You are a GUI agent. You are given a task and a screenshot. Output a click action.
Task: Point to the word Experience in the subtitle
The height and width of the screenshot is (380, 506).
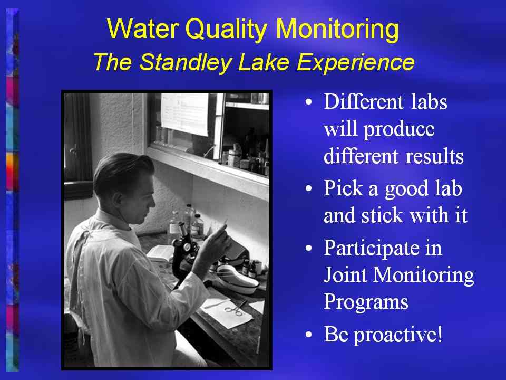[x=355, y=62]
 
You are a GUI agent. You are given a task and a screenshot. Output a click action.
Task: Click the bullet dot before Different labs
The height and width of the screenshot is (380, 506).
[x=309, y=102]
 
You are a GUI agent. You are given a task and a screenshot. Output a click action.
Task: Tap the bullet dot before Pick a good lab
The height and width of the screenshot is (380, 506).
[x=309, y=188]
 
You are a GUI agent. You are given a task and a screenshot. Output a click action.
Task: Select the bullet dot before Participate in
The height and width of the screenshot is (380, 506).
[x=309, y=248]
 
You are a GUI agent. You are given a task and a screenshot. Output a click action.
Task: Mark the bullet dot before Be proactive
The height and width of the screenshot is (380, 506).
[x=309, y=335]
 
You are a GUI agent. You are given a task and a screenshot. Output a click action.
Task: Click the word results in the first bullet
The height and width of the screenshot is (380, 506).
[x=434, y=156]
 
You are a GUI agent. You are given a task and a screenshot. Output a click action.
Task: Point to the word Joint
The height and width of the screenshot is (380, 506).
[x=345, y=275]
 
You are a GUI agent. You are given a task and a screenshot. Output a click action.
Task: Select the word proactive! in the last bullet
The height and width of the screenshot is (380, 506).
[x=398, y=335]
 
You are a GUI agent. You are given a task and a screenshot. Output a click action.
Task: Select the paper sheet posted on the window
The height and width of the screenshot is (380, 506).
[x=184, y=114]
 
